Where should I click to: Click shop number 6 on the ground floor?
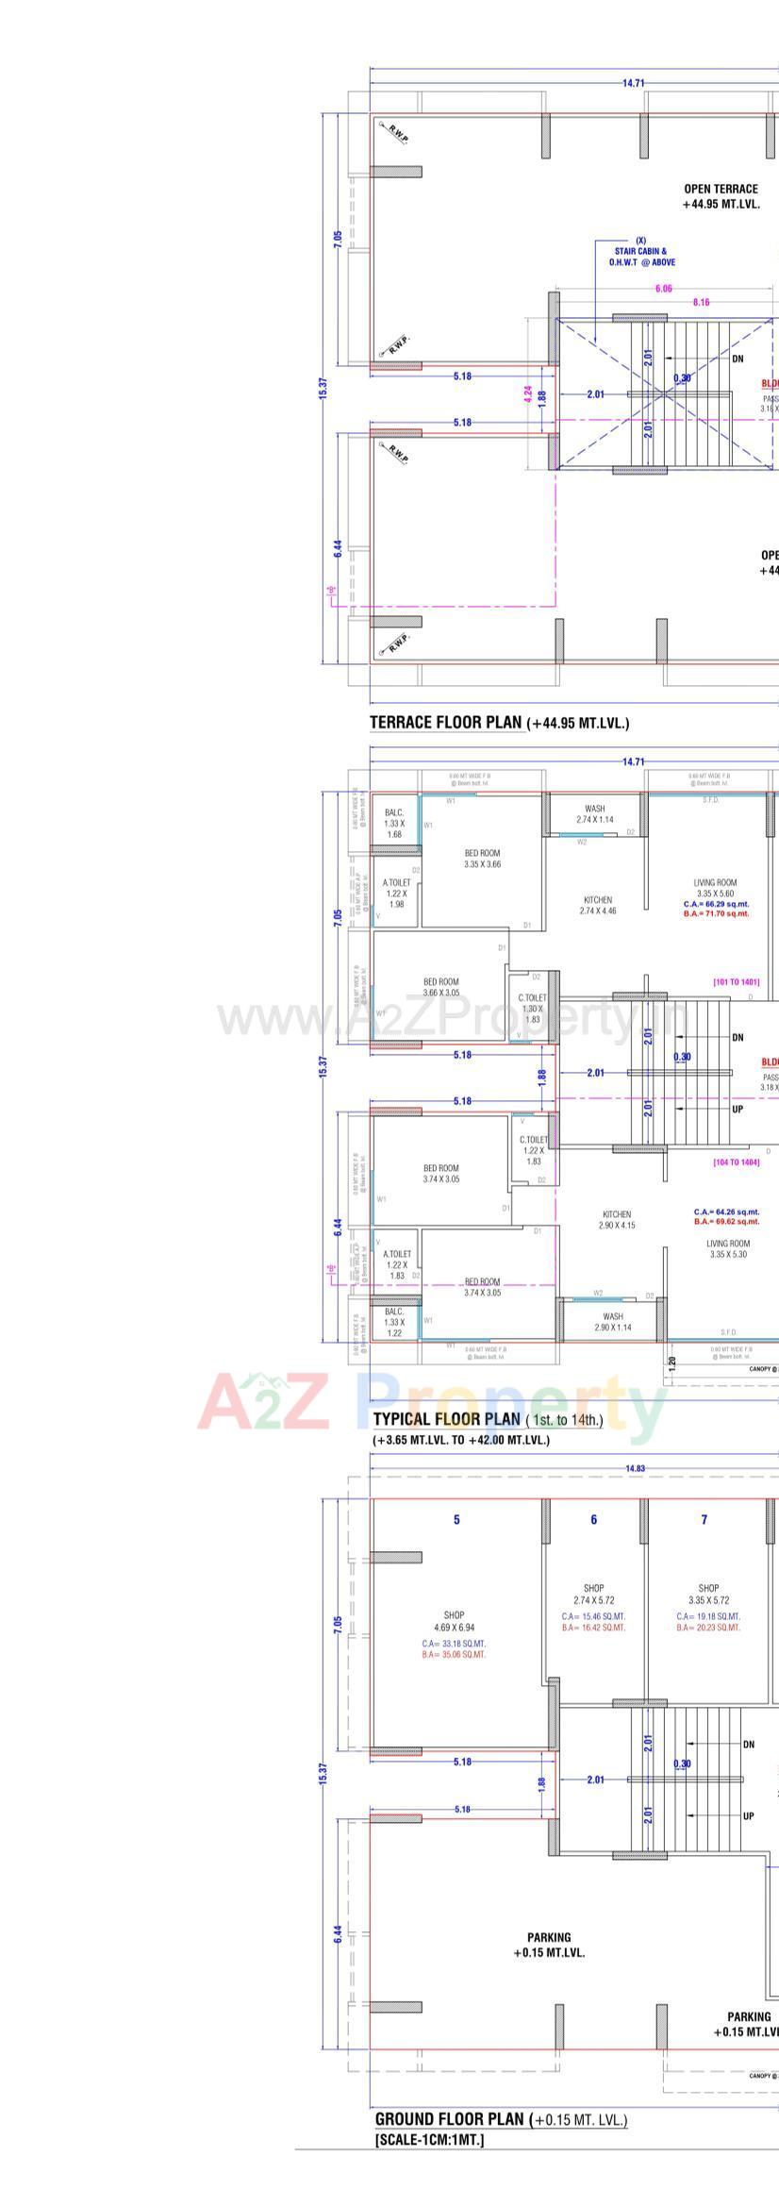click(x=593, y=1519)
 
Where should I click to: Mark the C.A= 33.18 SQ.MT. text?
click(x=454, y=1643)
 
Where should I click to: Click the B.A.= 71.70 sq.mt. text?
click(x=716, y=913)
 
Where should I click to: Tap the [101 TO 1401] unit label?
click(x=736, y=982)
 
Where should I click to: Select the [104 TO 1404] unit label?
click(x=736, y=1162)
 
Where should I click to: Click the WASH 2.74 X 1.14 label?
click(x=594, y=814)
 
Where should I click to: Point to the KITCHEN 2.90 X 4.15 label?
click(x=617, y=1219)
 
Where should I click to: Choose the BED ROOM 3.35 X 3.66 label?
click(x=482, y=858)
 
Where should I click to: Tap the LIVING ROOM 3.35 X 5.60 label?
click(x=716, y=887)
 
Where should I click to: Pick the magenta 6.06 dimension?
click(x=663, y=289)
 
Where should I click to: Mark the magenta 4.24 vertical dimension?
click(x=528, y=394)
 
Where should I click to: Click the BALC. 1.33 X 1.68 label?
click(x=394, y=824)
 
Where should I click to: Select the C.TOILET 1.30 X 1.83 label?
click(x=532, y=1008)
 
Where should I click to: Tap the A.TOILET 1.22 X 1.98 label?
click(x=397, y=893)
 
